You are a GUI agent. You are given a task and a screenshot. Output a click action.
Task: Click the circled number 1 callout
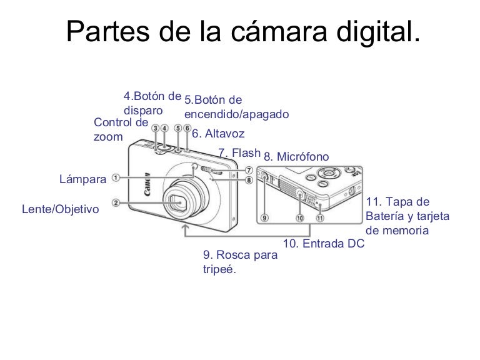pos(116,177)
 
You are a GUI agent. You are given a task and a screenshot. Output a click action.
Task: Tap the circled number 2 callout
pos(116,202)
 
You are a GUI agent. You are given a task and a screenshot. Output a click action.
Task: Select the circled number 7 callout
pos(249,170)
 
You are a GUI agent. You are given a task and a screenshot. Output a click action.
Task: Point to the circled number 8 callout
pos(249,180)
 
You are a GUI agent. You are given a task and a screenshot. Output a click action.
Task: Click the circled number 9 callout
pos(264,218)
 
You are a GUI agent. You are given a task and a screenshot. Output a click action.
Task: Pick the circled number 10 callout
pos(300,218)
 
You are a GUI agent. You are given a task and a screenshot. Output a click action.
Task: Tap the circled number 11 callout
pos(320,218)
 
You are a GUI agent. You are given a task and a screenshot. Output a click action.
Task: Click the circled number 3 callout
pos(156,128)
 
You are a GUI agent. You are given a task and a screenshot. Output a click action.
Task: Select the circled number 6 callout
pos(187,128)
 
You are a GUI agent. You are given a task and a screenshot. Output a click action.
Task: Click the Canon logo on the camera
pos(147,184)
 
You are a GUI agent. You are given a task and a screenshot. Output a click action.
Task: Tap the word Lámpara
pos(82,179)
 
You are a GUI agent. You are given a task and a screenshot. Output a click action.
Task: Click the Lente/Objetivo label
pos(60,209)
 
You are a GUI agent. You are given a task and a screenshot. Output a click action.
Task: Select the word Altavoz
pos(225,134)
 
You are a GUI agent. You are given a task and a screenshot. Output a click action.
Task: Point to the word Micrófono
pos(302,156)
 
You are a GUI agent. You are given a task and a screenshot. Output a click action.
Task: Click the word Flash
pos(246,152)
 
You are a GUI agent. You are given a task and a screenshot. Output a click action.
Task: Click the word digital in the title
pos(378,32)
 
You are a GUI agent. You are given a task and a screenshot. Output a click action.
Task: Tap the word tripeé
pos(219,269)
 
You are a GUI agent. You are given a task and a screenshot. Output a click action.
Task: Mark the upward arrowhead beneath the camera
pos(184,227)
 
